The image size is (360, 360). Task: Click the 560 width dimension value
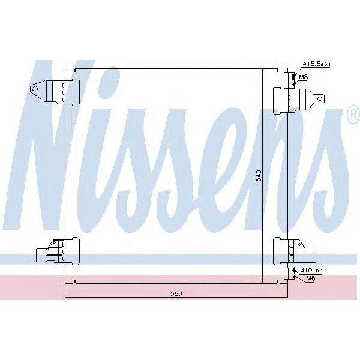[176, 293]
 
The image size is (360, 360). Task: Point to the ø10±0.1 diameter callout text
[311, 271]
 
